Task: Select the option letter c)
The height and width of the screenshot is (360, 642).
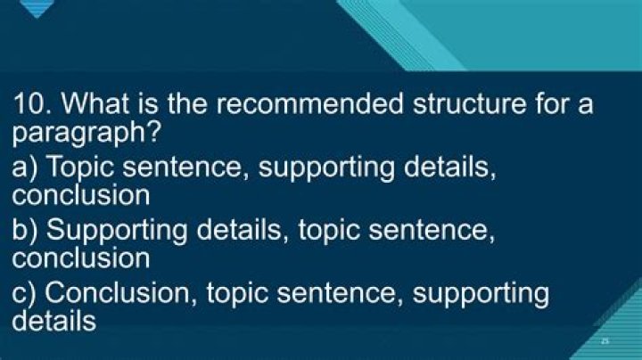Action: [25, 293]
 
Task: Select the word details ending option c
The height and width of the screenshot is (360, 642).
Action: [54, 320]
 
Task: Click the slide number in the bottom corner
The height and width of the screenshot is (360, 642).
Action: [605, 340]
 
